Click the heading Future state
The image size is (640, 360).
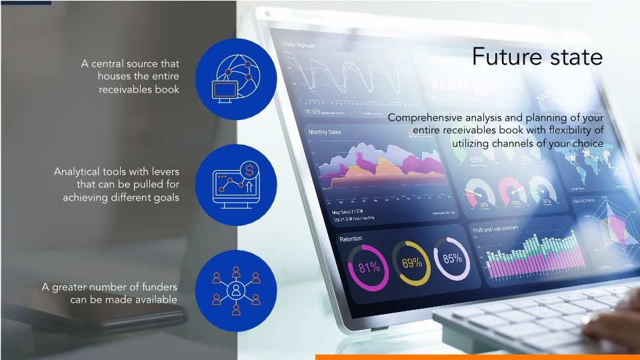tap(537, 57)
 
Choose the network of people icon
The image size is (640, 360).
tap(237, 291)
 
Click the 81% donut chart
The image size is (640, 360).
tap(369, 267)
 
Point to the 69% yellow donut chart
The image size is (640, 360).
tap(411, 263)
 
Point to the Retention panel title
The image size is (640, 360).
tap(351, 238)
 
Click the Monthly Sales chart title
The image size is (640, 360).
tap(325, 132)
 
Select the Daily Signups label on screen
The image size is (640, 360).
tap(299, 45)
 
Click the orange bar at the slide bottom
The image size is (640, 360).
tap(477, 357)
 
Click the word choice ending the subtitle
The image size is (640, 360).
tap(586, 143)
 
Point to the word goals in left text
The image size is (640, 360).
tap(165, 197)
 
